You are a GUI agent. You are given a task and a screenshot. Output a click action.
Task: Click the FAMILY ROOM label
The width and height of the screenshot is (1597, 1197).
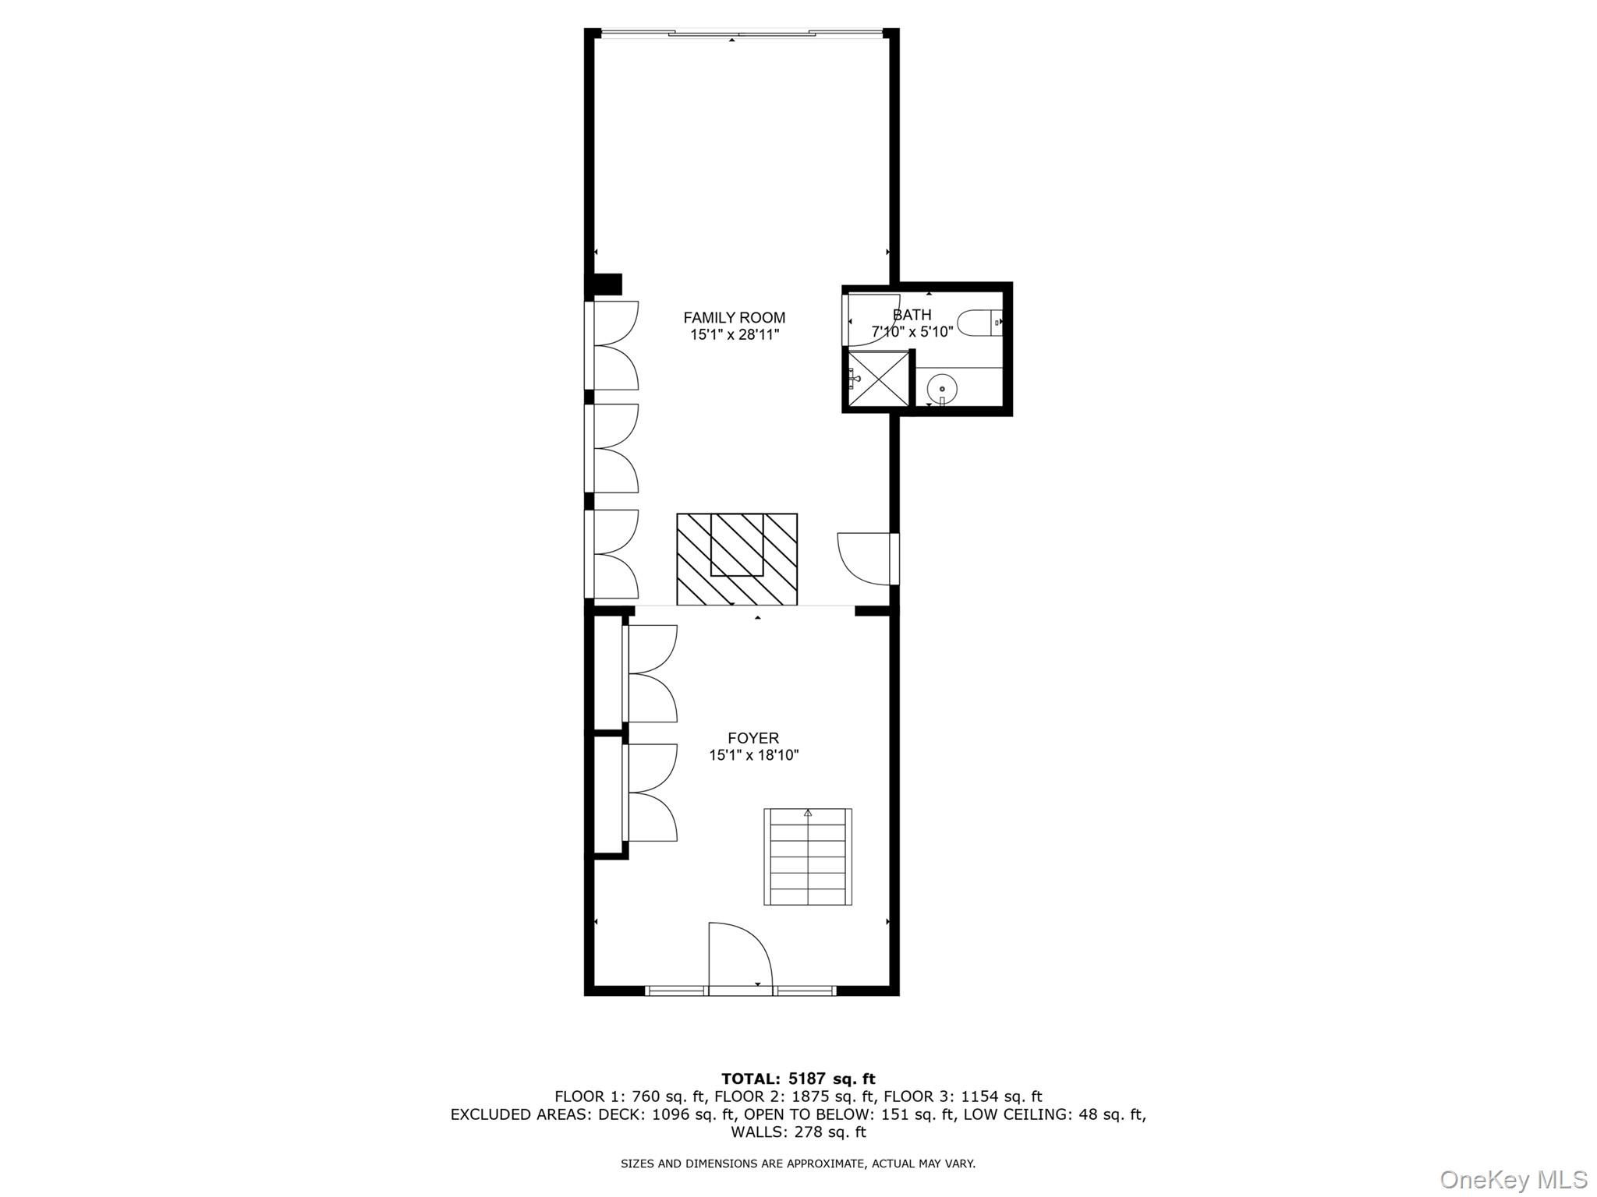click(x=734, y=317)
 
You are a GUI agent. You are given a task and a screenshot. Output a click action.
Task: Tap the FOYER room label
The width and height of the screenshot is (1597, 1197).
click(x=753, y=738)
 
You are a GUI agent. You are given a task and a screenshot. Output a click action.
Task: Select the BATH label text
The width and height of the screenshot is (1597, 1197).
click(x=912, y=315)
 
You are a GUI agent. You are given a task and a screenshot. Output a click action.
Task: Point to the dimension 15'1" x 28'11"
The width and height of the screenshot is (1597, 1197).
click(x=734, y=335)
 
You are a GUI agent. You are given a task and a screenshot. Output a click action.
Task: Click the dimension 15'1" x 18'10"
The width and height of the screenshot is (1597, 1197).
click(x=753, y=755)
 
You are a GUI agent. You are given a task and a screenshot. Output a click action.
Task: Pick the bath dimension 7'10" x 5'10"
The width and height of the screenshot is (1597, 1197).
click(x=912, y=332)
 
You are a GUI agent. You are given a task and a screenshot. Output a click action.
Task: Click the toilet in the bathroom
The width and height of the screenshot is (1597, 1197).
click(x=977, y=323)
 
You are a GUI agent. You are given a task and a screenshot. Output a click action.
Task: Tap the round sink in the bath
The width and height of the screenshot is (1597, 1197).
click(x=943, y=387)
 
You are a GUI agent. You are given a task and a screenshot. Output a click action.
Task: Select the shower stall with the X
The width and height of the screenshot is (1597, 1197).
click(x=879, y=380)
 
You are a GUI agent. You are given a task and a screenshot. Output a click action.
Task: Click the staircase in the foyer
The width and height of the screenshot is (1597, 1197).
click(x=808, y=856)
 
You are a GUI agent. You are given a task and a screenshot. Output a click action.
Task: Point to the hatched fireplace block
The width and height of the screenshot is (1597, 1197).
click(x=737, y=559)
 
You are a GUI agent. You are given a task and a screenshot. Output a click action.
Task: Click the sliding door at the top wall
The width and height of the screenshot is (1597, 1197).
click(x=741, y=34)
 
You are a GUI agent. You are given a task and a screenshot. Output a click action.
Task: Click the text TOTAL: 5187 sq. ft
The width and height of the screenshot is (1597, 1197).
click(x=798, y=1079)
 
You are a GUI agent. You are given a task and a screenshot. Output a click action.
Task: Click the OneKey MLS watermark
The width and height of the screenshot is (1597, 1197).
click(x=1513, y=1179)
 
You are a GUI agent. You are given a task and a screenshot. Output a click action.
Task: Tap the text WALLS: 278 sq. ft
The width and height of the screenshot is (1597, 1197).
click(x=798, y=1132)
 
